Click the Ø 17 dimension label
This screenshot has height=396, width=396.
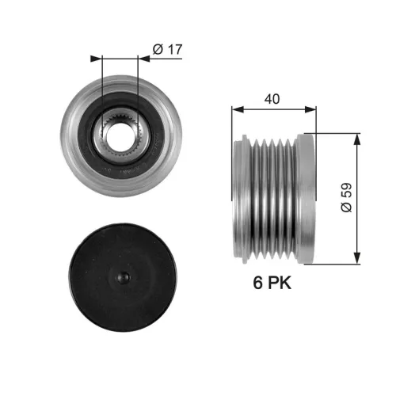click(x=166, y=50)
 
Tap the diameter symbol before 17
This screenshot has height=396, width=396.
click(x=156, y=50)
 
